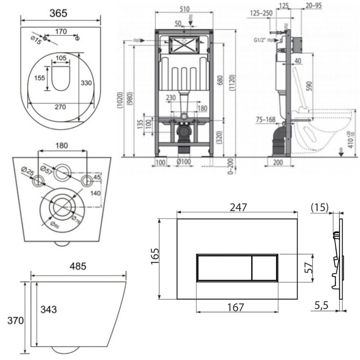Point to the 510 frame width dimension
pos(185,8)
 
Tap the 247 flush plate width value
pos(238,207)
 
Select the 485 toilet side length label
pos(78,267)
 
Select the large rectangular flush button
pos(224,267)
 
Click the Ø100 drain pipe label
pos(184,162)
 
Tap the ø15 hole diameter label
pos(37,40)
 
